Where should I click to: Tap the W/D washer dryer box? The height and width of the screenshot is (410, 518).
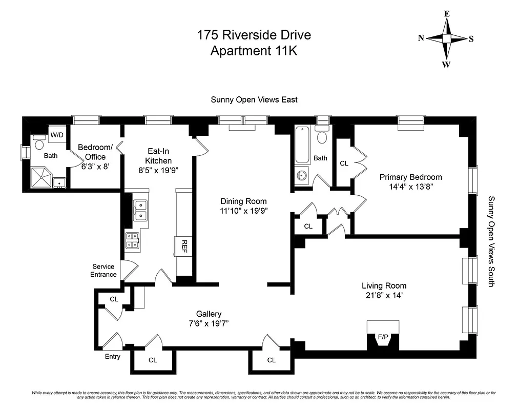pyautogui.click(x=56, y=135)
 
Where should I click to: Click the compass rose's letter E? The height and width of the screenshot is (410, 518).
pyautogui.click(x=447, y=14)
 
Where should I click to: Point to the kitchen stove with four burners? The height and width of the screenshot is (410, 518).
pyautogui.click(x=132, y=240)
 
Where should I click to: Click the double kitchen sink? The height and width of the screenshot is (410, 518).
pyautogui.click(x=140, y=211)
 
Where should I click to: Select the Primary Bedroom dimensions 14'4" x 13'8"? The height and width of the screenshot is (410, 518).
pyautogui.click(x=410, y=187)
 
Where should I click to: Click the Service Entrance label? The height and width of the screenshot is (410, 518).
pyautogui.click(x=103, y=271)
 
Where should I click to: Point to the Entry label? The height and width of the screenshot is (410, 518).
pyautogui.click(x=112, y=356)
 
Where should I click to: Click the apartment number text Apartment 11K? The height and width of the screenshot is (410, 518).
pyautogui.click(x=254, y=51)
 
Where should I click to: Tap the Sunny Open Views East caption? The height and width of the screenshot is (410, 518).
pyautogui.click(x=254, y=100)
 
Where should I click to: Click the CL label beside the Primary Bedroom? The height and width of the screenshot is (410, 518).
pyautogui.click(x=344, y=163)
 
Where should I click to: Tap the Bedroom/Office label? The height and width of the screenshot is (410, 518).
pyautogui.click(x=92, y=152)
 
